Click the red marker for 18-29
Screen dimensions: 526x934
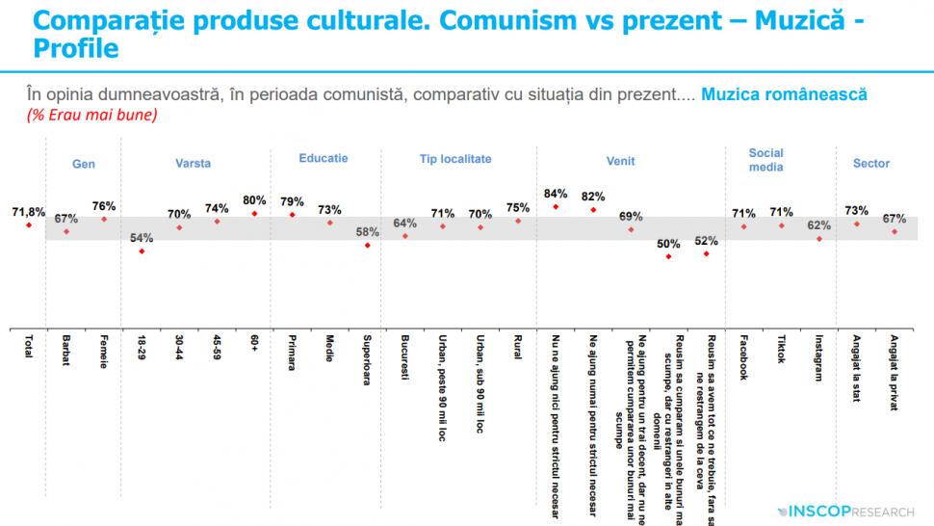(142, 251)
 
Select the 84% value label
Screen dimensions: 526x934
(556, 192)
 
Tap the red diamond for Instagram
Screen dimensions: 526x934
(819, 238)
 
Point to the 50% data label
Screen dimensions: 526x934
(668, 243)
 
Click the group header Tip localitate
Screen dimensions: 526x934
(455, 159)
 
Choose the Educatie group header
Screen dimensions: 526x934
(324, 158)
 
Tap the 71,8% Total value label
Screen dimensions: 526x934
(29, 211)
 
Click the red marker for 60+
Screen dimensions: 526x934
(254, 213)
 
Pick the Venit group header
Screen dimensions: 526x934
(620, 163)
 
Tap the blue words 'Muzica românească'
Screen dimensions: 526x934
(784, 95)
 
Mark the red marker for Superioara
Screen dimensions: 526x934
(367, 246)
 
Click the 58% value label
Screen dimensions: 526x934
(368, 232)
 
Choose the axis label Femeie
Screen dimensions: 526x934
(104, 352)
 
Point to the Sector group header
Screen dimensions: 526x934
(871, 164)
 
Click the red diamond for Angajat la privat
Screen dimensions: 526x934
(895, 231)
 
